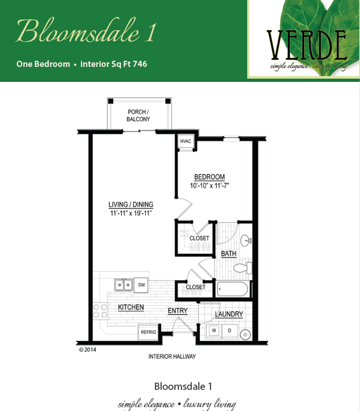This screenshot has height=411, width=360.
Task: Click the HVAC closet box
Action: (x=186, y=142)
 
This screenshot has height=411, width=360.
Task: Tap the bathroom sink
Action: (x=246, y=241)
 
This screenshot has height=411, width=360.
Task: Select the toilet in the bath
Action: (x=243, y=268)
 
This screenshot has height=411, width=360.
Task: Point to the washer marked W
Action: (x=214, y=331)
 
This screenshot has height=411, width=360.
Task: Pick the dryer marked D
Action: (x=230, y=331)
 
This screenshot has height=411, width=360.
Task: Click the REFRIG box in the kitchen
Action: (x=148, y=332)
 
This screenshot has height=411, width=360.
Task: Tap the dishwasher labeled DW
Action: (x=141, y=285)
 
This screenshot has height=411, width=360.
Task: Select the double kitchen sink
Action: (x=123, y=285)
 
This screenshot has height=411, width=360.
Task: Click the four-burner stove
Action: (x=100, y=311)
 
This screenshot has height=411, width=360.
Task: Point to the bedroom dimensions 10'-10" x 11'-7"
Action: (x=209, y=185)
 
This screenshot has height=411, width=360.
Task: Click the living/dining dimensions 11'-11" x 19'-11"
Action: (x=131, y=213)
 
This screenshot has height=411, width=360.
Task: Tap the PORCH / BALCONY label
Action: (x=138, y=116)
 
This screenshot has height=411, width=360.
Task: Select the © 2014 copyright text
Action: (x=87, y=350)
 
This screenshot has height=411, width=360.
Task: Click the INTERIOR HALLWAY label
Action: (x=172, y=357)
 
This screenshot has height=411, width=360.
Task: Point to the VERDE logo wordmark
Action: (x=306, y=45)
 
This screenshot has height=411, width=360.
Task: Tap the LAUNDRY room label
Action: (x=229, y=314)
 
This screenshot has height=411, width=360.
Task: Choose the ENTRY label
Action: (x=178, y=311)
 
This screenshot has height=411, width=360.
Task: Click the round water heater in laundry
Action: (x=245, y=335)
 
